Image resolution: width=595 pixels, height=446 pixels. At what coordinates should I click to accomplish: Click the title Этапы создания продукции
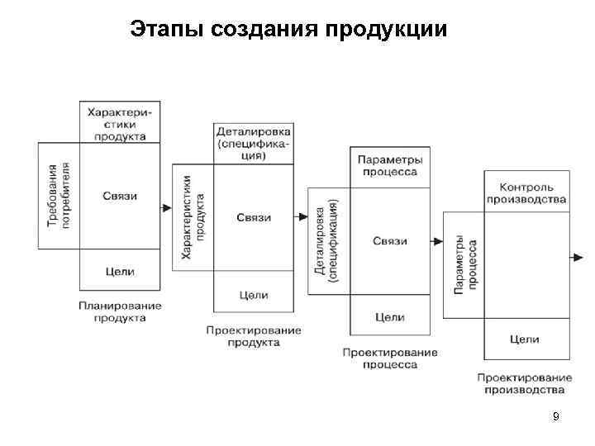289,31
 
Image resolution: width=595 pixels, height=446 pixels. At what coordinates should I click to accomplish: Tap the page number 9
556,417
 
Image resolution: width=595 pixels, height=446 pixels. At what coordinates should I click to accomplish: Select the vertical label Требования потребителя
59,196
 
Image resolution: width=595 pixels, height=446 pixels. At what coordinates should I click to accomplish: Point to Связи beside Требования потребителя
120,196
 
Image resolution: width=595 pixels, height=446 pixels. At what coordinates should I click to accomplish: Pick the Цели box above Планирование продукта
120,271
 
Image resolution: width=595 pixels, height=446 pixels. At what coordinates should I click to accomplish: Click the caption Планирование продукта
120,311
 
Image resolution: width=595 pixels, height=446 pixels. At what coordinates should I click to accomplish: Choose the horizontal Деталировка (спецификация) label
253,143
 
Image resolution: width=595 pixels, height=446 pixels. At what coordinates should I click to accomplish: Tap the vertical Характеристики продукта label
193,216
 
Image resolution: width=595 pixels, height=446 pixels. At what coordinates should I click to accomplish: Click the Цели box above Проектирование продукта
253,295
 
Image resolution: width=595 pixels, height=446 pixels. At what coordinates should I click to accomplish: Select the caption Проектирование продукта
253,336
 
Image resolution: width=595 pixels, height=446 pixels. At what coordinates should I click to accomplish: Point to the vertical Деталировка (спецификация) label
327,241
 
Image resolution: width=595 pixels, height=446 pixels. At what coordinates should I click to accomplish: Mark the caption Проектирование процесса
389,358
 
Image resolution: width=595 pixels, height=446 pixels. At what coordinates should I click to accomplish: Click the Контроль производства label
526,192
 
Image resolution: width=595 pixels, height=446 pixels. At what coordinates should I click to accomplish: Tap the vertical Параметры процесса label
463,265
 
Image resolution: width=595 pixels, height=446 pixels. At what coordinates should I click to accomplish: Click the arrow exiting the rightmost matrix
577,258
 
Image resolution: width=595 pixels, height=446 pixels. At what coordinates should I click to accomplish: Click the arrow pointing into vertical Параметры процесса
435,241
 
